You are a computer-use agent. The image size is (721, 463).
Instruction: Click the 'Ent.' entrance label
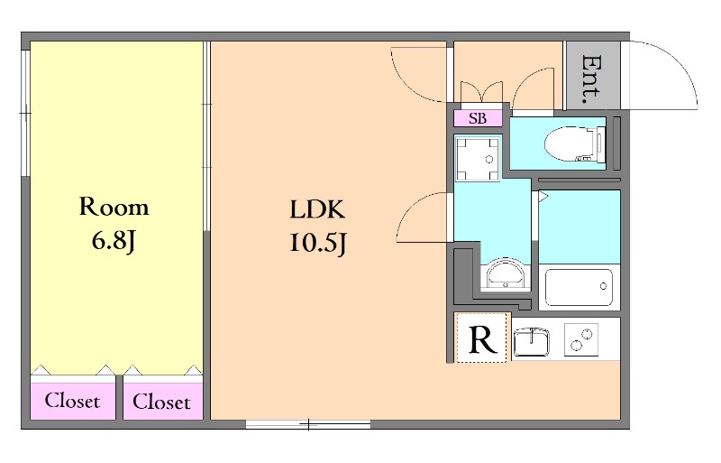coord(591,79)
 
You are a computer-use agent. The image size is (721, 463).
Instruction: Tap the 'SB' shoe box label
coord(478,118)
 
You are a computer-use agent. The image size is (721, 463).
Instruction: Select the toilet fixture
coord(575,144)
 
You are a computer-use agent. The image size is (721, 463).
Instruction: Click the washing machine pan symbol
coord(478,160)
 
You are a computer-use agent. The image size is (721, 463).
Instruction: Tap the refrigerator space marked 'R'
coord(482,338)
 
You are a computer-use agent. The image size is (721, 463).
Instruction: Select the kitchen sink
coord(532,342)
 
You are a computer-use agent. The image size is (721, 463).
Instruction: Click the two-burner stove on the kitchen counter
coord(581,339)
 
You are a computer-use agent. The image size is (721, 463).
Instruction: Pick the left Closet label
coord(72,401)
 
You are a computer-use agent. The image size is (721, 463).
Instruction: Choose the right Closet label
coord(161,402)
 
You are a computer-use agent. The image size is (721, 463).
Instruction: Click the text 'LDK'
coord(317,209)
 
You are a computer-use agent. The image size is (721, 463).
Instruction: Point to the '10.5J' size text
coord(317,242)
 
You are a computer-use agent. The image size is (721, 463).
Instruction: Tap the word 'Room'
coord(114,207)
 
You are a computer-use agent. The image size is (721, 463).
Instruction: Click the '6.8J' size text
coord(114,240)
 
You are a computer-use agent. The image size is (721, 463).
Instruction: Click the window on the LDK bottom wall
coord(308,424)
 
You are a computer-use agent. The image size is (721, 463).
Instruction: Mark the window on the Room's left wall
coord(26,113)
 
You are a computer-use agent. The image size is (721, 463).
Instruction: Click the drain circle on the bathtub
coord(603,286)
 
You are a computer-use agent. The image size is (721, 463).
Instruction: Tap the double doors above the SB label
coord(481,92)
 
